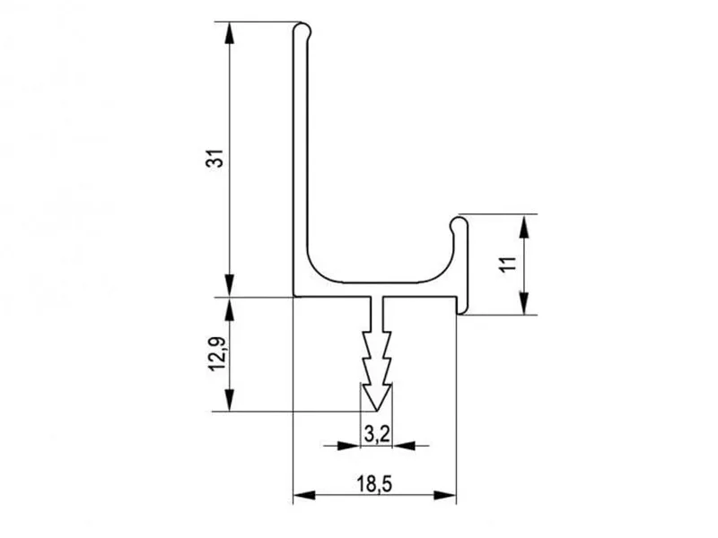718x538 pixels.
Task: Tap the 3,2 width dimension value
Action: coord(377,434)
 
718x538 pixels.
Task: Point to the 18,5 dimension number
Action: coord(374,484)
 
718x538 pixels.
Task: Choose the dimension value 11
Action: coord(508,265)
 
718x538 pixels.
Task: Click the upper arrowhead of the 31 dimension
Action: coord(230,33)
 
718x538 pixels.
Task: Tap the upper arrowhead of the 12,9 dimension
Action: coord(230,308)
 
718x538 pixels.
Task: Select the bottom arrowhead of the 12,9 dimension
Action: coord(230,400)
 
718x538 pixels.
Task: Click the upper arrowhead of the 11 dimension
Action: coord(524,225)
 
